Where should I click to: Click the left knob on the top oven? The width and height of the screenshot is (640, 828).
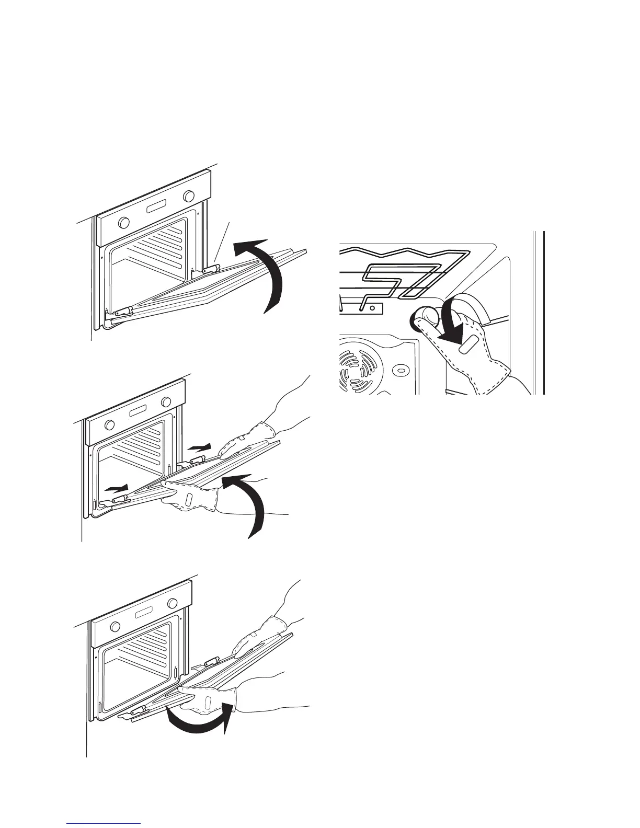tap(123, 222)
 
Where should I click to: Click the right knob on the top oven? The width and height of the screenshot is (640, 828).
tap(188, 197)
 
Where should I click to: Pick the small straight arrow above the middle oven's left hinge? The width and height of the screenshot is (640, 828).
tap(116, 488)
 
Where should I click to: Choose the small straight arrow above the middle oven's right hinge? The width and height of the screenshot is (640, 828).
tap(199, 447)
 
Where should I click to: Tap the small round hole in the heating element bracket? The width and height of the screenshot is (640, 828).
tap(372, 308)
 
